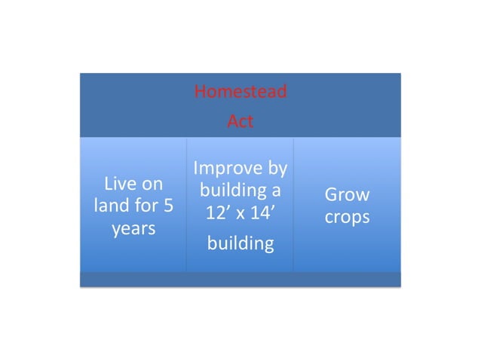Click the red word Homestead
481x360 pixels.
coord(240,92)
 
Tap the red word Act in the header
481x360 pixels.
coord(240,121)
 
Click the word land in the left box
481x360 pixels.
coord(112,206)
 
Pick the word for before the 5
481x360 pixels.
coord(148,206)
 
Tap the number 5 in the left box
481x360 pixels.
coord(169,206)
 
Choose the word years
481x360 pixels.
coord(133,228)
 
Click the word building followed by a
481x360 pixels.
coord(230,191)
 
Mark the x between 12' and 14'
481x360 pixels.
coord(240,214)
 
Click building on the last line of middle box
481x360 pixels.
coord(240,243)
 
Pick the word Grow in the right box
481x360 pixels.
coord(347,194)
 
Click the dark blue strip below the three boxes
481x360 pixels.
coord(240,279)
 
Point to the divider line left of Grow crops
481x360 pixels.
coord(293,205)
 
